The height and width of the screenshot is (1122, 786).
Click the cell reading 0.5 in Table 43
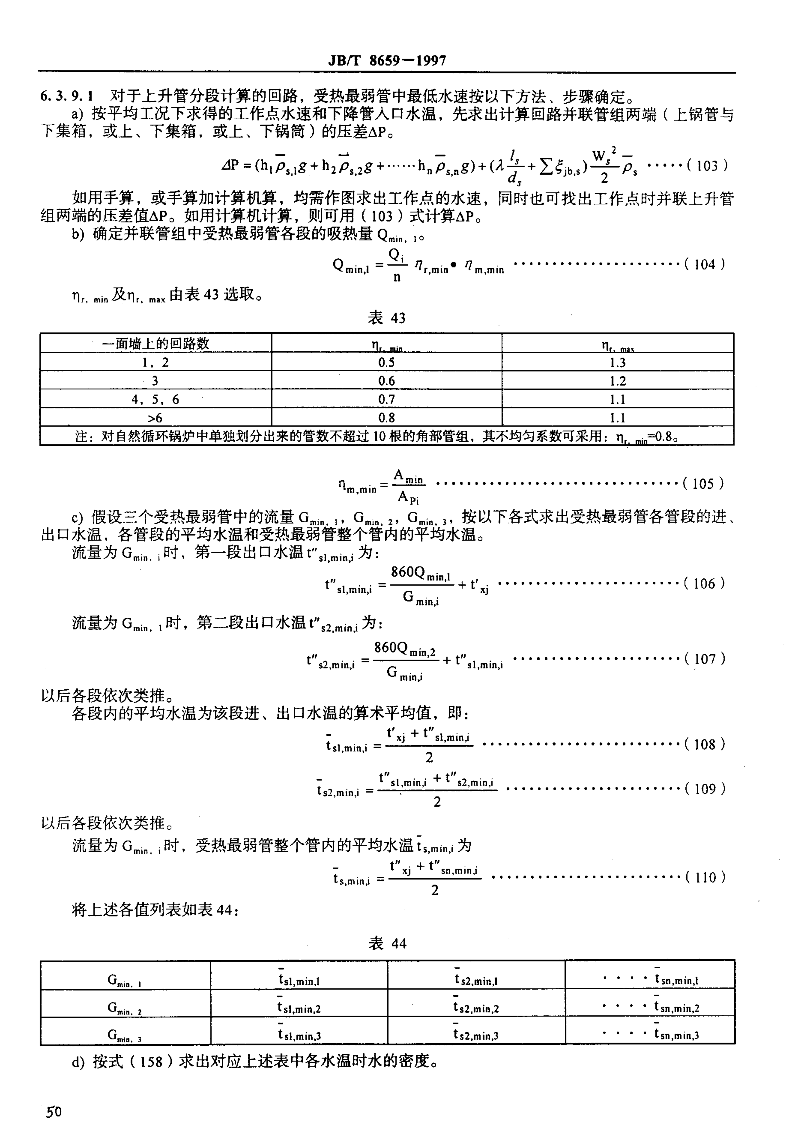coord(386,363)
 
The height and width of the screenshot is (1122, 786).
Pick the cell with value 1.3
coord(617,363)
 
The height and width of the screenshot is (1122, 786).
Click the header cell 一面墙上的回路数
coord(155,343)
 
